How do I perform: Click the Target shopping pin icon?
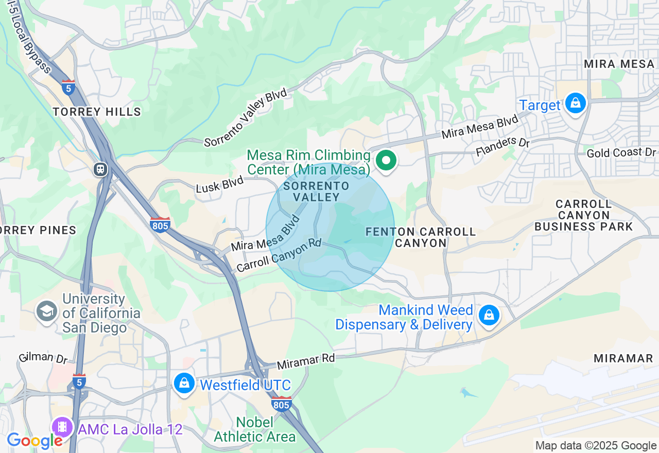pos(575,103)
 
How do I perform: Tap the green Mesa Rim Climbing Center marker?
pos(386,160)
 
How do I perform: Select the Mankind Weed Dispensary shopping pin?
pos(489,315)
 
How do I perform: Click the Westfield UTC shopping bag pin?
pos(184,382)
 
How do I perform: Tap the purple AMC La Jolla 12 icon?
pos(62,426)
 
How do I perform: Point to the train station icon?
pos(100,169)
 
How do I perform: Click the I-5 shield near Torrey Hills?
pos(68,87)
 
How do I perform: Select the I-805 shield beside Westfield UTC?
pos(281,404)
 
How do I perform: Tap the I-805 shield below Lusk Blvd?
pos(160,224)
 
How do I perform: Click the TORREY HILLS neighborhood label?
pos(97,112)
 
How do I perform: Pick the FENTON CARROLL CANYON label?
pos(421,237)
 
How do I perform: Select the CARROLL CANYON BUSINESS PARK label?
pos(583,215)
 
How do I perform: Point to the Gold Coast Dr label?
pos(622,153)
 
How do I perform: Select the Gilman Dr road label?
pos(43,357)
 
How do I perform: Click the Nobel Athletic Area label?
pos(255,430)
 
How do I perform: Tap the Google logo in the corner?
pos(34,441)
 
